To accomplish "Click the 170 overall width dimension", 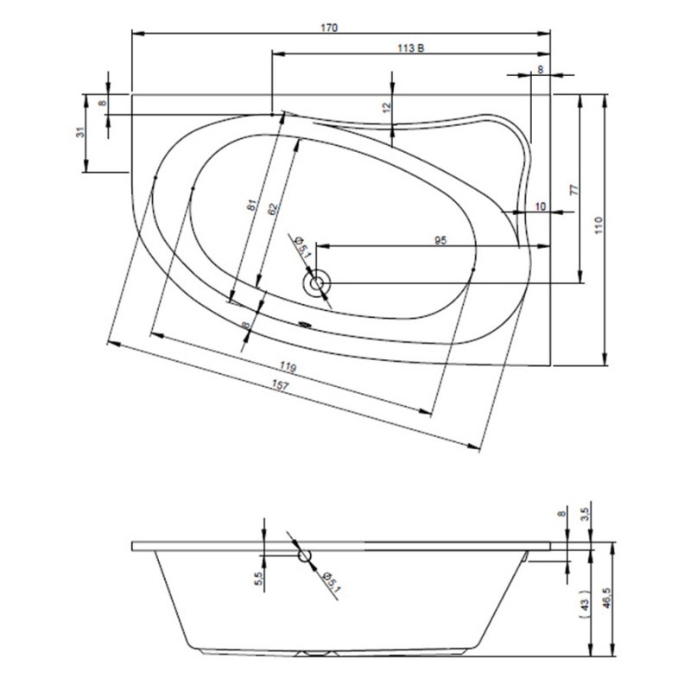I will point(328,28).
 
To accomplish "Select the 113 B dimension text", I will point(411,48).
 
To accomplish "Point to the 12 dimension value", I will point(387,107).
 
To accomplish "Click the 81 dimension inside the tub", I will point(251,206).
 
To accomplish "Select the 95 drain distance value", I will point(439,242).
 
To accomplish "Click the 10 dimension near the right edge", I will point(541,206).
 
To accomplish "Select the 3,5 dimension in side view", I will point(585,516).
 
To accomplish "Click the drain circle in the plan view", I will point(317,282).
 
